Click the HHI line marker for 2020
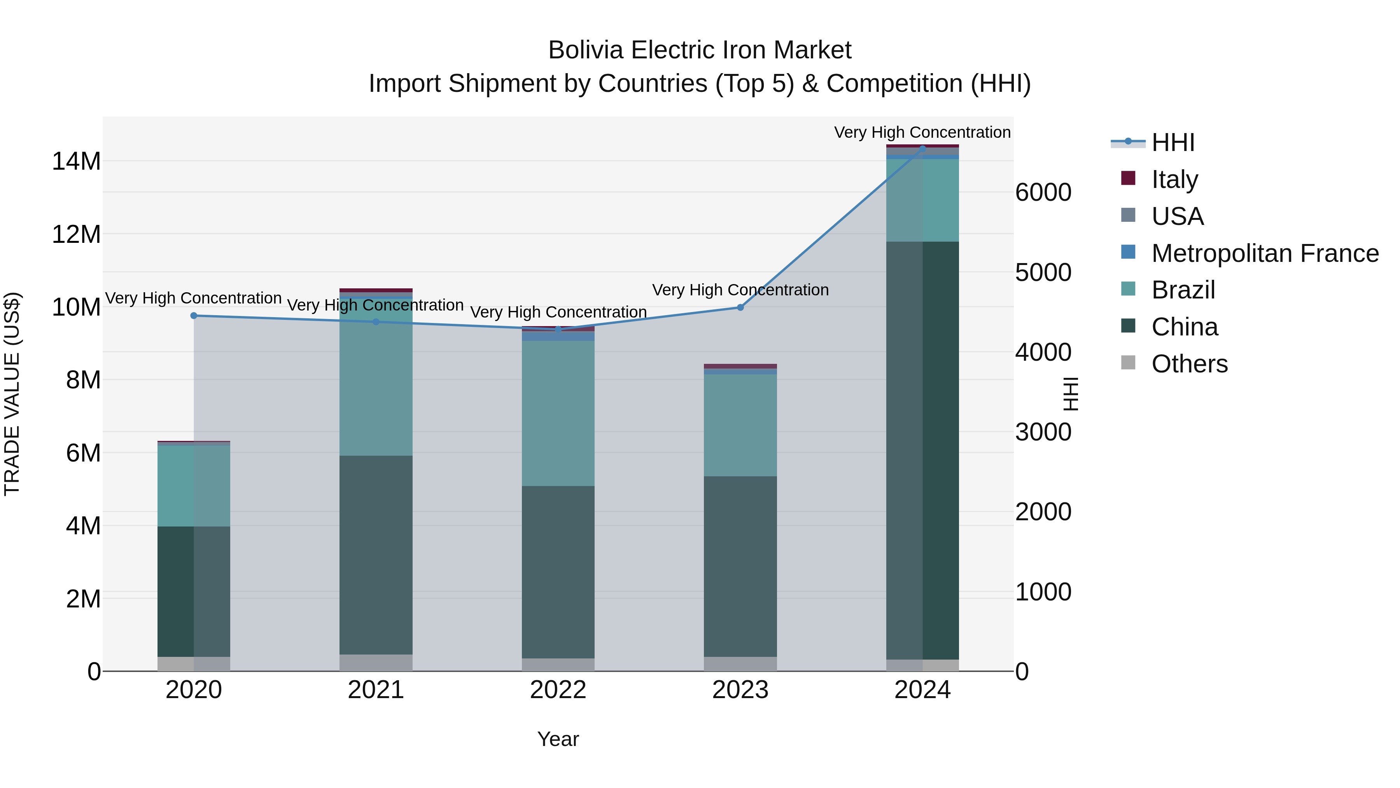(194, 316)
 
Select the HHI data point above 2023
(740, 307)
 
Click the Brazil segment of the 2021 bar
(376, 381)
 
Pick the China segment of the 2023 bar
(740, 565)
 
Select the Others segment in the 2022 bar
(558, 665)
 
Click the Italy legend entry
(1174, 179)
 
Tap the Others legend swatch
(1128, 363)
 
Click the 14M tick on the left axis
(76, 161)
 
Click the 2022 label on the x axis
(558, 690)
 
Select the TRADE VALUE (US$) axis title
(12, 394)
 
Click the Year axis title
(558, 739)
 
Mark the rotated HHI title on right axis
(1069, 394)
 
